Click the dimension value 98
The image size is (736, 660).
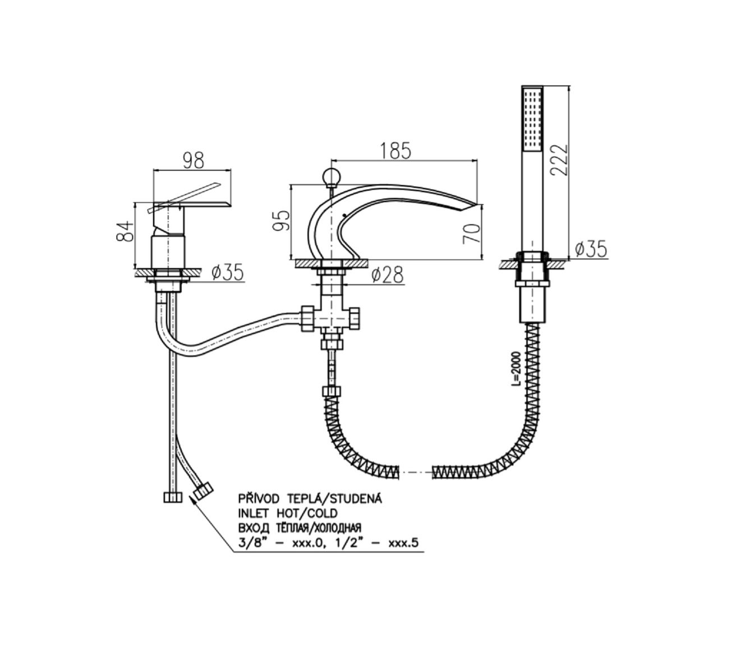click(194, 161)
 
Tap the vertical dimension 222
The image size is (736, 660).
click(558, 161)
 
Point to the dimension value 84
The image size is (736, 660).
click(125, 231)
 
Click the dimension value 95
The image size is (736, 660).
click(281, 220)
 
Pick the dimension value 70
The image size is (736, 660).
click(471, 233)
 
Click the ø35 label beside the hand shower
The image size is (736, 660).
click(591, 249)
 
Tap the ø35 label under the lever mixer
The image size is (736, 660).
click(228, 272)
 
